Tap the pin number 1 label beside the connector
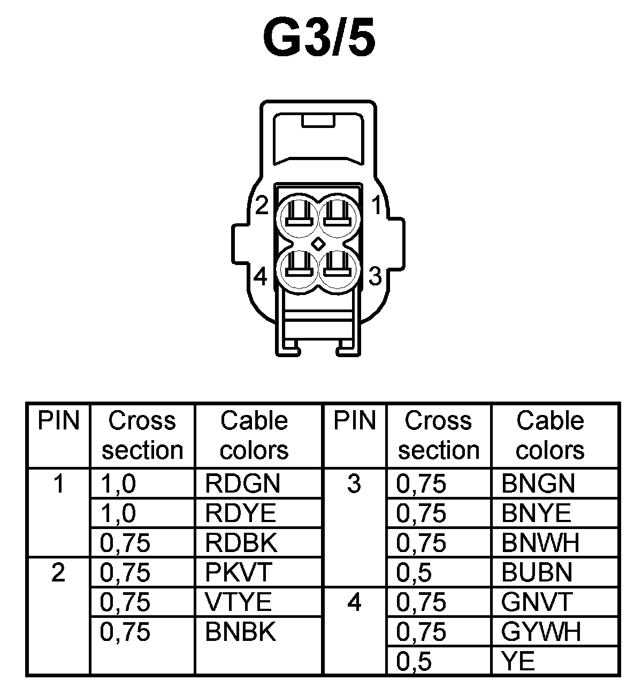coord(376,205)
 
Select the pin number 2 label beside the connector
coord(261,205)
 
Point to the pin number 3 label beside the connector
coord(376,276)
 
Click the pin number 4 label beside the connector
coord(261,277)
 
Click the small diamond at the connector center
coord(318,243)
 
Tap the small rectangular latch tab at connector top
coord(318,120)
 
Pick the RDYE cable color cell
coord(240,513)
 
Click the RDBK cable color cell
coord(241,543)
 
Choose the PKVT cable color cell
coord(239,572)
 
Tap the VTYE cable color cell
coord(239,602)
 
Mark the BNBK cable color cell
coord(241,632)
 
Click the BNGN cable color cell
coord(538,484)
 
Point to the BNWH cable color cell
coord(540,543)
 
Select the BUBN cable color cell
coord(537,572)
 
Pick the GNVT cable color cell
coord(537,602)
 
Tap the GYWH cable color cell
coord(541,632)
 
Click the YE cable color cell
coord(518,662)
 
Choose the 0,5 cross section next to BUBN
coord(414,572)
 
